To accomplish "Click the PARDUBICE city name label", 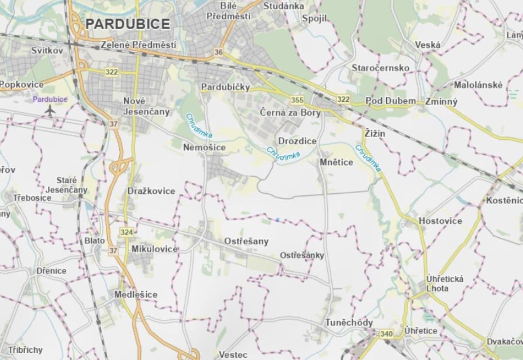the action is tap(128, 24).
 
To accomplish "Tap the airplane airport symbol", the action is tap(50, 110).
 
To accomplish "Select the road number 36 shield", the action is tap(219, 52).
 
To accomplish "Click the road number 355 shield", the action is tap(297, 100).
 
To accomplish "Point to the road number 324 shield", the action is tap(126, 232).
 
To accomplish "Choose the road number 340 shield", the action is tap(386, 334).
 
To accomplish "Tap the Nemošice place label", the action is tap(204, 147).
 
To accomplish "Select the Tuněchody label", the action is tap(349, 323).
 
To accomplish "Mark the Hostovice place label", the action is tap(440, 221).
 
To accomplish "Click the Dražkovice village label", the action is tap(151, 191).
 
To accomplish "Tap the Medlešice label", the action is tap(136, 295).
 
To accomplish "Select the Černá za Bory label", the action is tap(290, 112).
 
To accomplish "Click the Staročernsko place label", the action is tap(380, 68).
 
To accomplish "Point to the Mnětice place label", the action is tap(337, 162).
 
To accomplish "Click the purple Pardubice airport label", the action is tap(50, 99).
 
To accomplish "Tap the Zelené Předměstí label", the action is tap(138, 45).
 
